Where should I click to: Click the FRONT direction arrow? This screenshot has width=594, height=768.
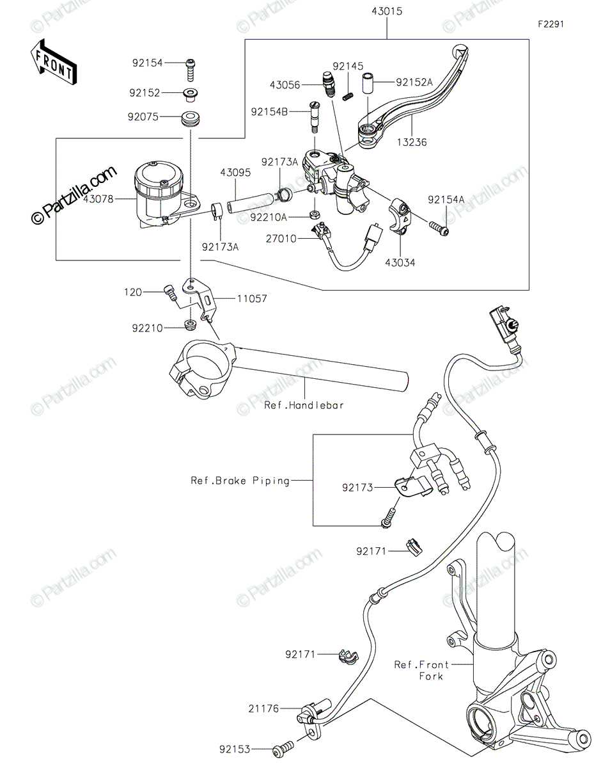[x=53, y=62]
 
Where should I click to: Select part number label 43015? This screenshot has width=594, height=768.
[x=386, y=12]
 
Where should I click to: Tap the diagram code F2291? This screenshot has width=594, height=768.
[x=551, y=24]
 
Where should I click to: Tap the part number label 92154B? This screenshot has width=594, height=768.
[x=269, y=112]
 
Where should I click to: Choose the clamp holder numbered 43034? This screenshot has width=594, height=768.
[x=400, y=215]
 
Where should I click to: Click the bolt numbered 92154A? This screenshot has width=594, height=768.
[x=439, y=228]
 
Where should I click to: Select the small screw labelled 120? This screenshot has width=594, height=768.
[x=170, y=293]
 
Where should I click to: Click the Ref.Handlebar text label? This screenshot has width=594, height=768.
[x=304, y=405]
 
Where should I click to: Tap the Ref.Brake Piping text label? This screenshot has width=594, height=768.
[x=240, y=481]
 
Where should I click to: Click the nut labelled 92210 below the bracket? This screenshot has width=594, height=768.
[x=191, y=324]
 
